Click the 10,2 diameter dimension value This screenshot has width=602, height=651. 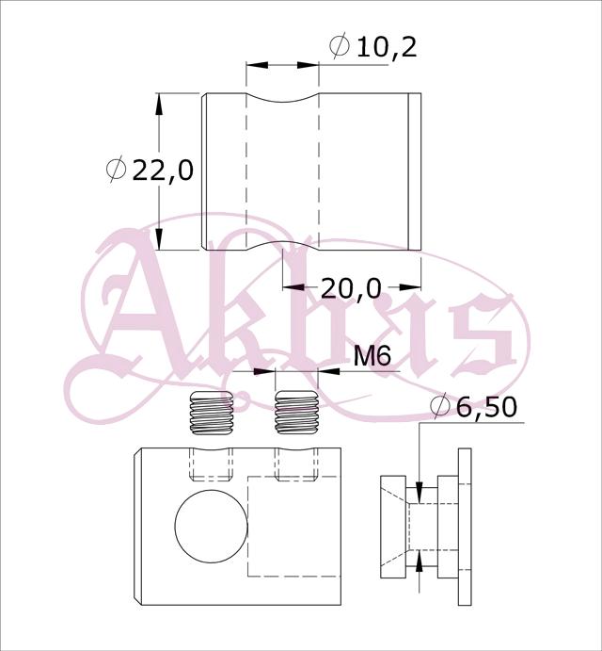point(387,47)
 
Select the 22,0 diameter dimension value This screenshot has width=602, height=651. point(163,171)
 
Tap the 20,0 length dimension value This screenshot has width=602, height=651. point(351,288)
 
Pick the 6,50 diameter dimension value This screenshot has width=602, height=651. point(486,406)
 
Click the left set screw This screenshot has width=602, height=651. point(211,413)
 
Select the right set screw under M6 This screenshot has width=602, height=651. point(297,413)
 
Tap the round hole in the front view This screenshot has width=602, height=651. point(211,526)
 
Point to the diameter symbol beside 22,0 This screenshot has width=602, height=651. point(116,170)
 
